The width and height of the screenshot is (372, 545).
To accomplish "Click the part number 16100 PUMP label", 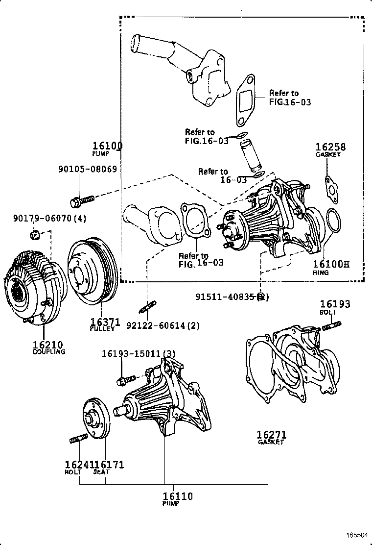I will (108, 146).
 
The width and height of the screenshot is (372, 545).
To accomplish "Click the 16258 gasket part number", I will (330, 147).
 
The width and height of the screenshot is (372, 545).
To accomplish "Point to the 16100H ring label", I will (331, 265).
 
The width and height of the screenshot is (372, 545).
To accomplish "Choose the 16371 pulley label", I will (105, 322).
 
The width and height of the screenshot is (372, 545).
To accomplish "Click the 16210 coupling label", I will (48, 345).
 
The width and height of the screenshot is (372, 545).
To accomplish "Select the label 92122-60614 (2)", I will (163, 325).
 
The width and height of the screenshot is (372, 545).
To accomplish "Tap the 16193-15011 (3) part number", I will (139, 354).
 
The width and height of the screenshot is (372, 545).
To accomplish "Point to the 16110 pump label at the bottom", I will (178, 496).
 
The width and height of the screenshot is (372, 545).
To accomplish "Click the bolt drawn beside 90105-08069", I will (82, 200).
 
